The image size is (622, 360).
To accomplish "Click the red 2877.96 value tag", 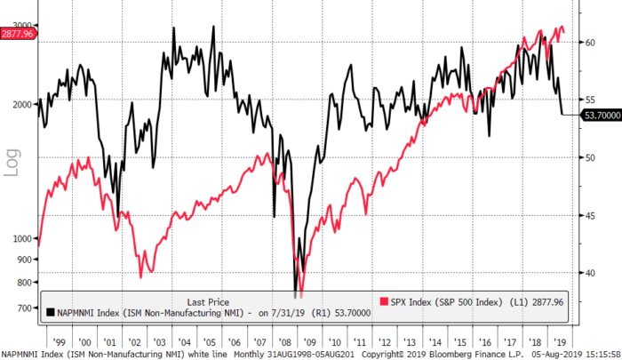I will pos(17,34).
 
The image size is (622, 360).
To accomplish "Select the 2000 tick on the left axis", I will pos(20,104).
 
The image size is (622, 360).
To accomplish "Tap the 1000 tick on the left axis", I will pos(20,238).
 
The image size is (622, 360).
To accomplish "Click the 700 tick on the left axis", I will pos(22,308).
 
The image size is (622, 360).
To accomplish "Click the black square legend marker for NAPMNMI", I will pos(50,313).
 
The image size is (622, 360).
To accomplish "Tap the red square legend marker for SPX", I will pos(386,302).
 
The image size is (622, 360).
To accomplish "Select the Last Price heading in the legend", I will pos(212,301).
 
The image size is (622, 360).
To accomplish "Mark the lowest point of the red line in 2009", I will pos(301,297).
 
